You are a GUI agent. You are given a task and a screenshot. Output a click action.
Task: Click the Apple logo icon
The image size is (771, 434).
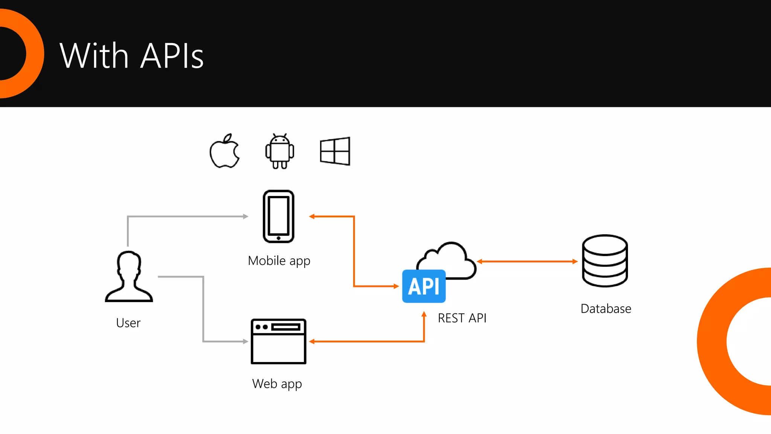[x=225, y=151]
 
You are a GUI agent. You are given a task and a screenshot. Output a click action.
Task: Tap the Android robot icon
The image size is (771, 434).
[x=279, y=151]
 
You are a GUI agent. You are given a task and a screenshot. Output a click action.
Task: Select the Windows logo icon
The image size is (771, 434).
[x=335, y=151]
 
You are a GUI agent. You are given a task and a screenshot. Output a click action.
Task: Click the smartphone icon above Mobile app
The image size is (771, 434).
[x=279, y=217]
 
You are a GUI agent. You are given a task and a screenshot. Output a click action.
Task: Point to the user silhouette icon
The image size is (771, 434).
[x=129, y=277]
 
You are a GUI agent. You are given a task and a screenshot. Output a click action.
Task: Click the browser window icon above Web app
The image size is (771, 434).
[x=279, y=341]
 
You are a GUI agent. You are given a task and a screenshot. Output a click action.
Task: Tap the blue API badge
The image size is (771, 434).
[x=424, y=286]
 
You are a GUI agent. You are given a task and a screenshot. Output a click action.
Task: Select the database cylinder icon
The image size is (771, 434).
[x=605, y=261]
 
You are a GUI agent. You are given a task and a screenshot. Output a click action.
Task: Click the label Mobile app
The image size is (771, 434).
[x=279, y=261]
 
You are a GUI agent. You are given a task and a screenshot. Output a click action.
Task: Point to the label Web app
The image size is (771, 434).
[x=277, y=384]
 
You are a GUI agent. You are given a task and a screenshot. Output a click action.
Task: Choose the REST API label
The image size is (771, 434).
[x=462, y=318]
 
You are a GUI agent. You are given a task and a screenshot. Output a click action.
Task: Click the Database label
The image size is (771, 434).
[x=606, y=309]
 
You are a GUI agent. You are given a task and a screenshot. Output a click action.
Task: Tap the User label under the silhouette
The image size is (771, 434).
[x=128, y=323]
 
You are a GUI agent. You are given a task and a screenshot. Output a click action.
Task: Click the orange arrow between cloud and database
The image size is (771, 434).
[x=527, y=261]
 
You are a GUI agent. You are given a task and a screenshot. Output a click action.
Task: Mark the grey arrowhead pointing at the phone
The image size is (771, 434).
[x=246, y=217]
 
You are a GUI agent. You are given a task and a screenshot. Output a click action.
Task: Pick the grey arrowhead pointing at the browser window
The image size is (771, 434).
[x=246, y=341]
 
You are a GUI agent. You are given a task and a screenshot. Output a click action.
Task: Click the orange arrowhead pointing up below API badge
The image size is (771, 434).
[x=424, y=314]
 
